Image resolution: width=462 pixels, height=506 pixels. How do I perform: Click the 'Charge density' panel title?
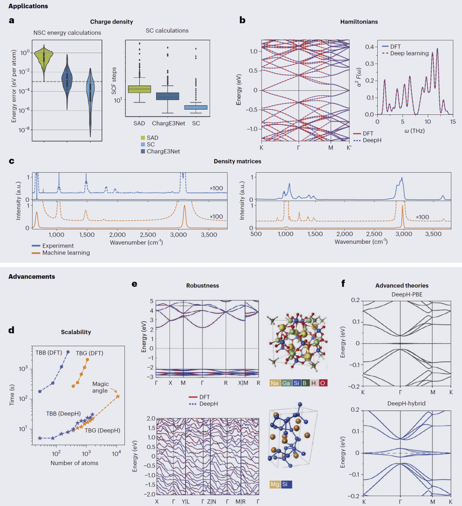click(111, 22)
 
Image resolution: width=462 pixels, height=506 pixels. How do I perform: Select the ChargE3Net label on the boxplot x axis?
click(169, 123)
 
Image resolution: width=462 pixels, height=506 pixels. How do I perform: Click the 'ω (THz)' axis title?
click(414, 131)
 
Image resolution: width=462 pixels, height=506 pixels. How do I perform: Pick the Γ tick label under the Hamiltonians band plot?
click(299, 148)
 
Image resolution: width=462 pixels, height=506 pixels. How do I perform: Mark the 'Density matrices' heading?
click(237, 162)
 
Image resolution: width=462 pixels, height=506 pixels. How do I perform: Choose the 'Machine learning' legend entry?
click(66, 253)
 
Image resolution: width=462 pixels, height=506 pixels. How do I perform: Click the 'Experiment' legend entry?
click(58, 246)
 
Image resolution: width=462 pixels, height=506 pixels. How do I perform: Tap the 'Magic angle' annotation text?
click(101, 387)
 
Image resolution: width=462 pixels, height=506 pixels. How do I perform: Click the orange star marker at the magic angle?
click(118, 397)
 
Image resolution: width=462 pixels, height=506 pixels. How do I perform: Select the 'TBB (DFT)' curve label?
click(49, 353)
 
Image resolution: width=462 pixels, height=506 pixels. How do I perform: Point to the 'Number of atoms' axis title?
click(74, 463)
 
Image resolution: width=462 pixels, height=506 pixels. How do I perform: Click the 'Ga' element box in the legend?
click(286, 383)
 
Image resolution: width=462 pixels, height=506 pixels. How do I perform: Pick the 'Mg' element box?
click(275, 484)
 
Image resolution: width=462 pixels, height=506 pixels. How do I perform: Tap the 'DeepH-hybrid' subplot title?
click(406, 404)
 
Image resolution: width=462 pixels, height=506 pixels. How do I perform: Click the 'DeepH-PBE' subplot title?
click(406, 294)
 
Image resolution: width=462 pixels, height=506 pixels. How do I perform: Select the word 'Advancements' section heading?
click(32, 277)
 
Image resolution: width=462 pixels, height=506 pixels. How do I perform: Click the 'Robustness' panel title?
click(202, 286)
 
